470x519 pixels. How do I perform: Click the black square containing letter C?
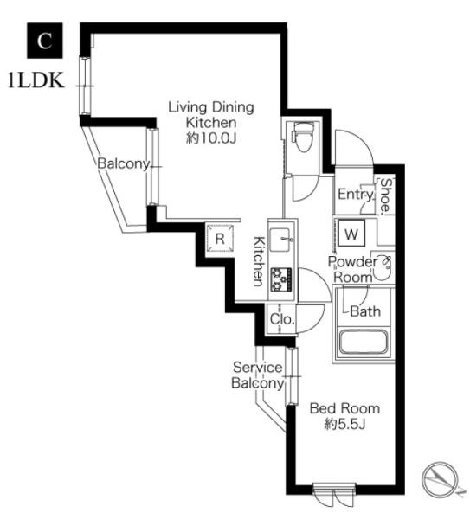click(x=45, y=41)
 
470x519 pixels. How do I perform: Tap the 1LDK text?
click(x=35, y=80)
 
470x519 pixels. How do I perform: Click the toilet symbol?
click(x=302, y=137)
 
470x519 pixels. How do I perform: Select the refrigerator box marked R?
click(x=220, y=239)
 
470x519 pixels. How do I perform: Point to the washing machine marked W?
click(x=351, y=234)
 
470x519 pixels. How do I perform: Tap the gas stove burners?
click(x=281, y=279)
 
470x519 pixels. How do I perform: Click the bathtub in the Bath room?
click(x=363, y=342)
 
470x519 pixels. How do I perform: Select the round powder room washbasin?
click(x=383, y=268)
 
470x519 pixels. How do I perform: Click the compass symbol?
click(x=441, y=479)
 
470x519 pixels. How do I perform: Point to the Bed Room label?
click(x=344, y=408)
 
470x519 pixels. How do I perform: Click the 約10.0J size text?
click(x=211, y=138)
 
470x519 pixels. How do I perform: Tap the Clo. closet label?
click(x=282, y=319)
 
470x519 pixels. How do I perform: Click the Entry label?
click(x=356, y=195)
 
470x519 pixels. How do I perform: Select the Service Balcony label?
click(x=258, y=375)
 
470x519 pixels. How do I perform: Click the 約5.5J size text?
click(x=344, y=424)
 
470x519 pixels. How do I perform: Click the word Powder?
click(x=352, y=262)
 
